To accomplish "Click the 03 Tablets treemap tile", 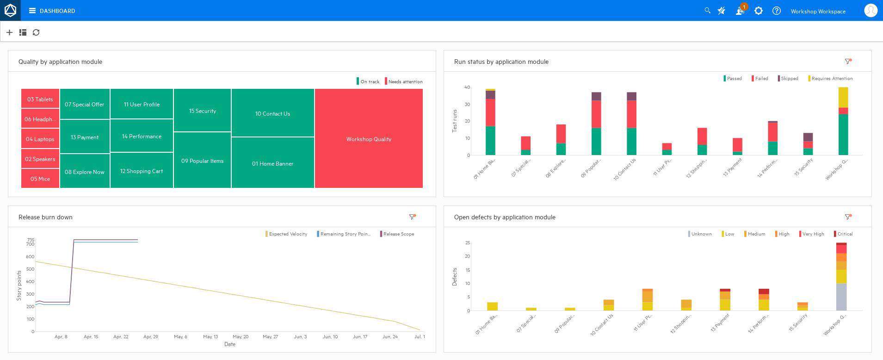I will point(40,99).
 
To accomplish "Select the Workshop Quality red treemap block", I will point(369,139).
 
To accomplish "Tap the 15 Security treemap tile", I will point(202,111).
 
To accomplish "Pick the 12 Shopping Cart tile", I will point(142,171).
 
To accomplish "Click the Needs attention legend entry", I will point(404,81).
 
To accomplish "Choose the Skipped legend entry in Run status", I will point(788,78).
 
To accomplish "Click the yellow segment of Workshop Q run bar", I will point(843,97).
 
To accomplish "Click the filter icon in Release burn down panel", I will point(412,217).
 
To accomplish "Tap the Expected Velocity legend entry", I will point(287,234).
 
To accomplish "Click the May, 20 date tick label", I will point(240,336).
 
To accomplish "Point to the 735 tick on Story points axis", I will point(31,240).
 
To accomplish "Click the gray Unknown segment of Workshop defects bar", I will point(841,297).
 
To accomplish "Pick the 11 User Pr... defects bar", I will point(647,299).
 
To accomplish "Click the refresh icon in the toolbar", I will point(36,32).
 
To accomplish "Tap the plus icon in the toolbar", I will point(9,32).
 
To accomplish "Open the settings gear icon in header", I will point(758,11).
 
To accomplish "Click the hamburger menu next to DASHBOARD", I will point(32,11).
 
